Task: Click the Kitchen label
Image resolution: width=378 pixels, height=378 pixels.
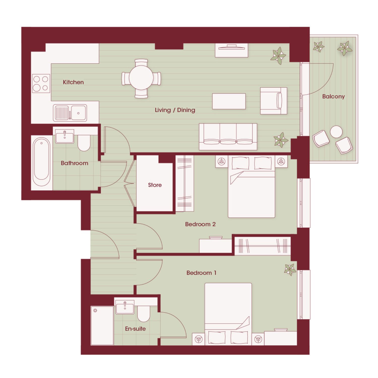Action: click(73, 82)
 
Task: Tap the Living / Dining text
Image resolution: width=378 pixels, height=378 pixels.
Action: click(175, 110)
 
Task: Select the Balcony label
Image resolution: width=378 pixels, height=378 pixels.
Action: click(333, 97)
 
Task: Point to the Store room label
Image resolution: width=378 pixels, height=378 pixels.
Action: click(155, 185)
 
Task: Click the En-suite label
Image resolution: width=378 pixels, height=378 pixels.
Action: click(135, 329)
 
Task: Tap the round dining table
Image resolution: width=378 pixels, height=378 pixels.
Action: click(141, 78)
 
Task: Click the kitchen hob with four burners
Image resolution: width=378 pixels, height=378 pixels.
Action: click(41, 83)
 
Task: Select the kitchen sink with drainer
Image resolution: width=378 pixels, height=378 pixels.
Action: click(70, 113)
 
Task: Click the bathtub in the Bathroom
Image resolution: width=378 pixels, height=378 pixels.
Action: click(42, 162)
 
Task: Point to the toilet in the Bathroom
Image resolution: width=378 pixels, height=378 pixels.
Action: click(84, 143)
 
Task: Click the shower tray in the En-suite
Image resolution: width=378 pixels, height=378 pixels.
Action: click(102, 326)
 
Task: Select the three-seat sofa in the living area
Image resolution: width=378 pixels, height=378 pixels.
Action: click(228, 137)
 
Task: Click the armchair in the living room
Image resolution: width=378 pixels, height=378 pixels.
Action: click(274, 101)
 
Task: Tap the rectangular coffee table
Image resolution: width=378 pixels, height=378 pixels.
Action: click(229, 101)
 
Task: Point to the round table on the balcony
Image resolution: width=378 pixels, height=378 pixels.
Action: click(336, 132)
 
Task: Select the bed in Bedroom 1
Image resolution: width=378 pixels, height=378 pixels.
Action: click(228, 314)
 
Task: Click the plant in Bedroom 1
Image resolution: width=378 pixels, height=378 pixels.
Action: click(290, 270)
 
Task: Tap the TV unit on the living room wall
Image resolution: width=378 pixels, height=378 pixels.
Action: click(231, 50)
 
